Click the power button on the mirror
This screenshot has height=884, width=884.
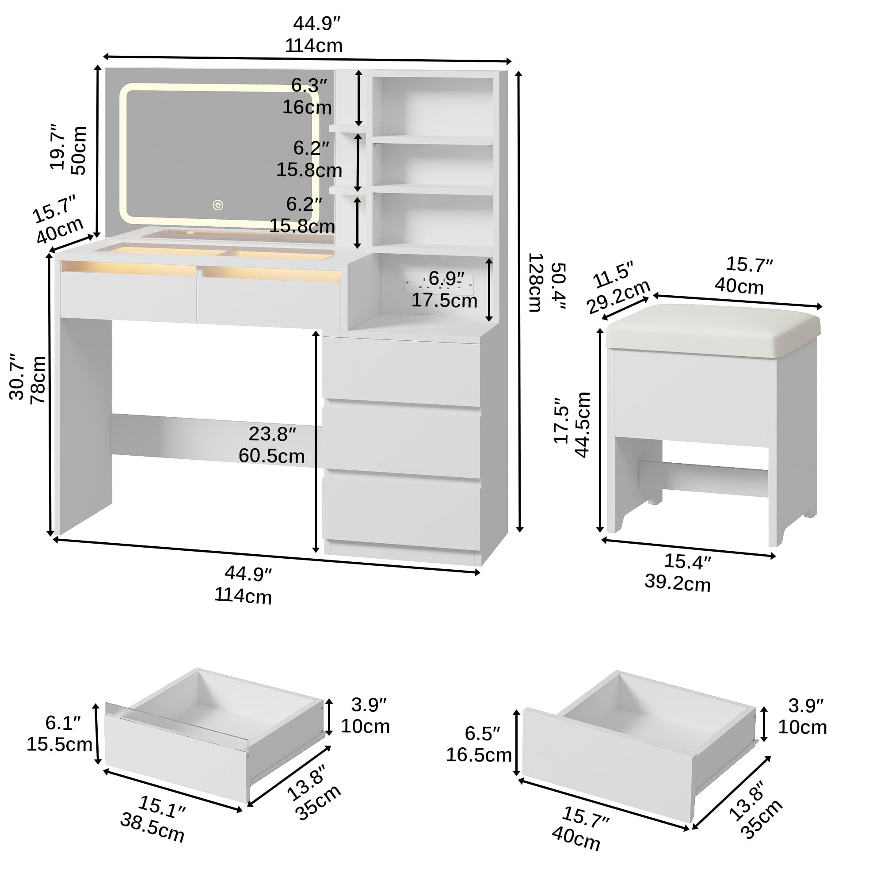click(x=218, y=205)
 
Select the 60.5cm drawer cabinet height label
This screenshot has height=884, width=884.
click(x=271, y=456)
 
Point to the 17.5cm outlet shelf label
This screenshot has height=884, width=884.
click(x=444, y=301)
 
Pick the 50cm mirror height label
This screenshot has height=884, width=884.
click(x=79, y=150)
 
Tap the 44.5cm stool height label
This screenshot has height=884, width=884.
click(x=583, y=424)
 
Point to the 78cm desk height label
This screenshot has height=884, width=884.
click(x=38, y=380)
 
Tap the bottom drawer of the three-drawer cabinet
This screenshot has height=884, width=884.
click(x=401, y=512)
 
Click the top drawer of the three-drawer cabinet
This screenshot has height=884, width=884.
click(x=401, y=372)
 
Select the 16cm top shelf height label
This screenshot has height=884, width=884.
click(x=307, y=107)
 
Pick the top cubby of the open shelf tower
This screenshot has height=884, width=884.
click(x=433, y=106)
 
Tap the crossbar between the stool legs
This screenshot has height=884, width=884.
click(x=703, y=477)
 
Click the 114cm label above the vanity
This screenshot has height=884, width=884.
click(x=314, y=46)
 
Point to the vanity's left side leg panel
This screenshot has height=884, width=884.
click(x=84, y=426)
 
